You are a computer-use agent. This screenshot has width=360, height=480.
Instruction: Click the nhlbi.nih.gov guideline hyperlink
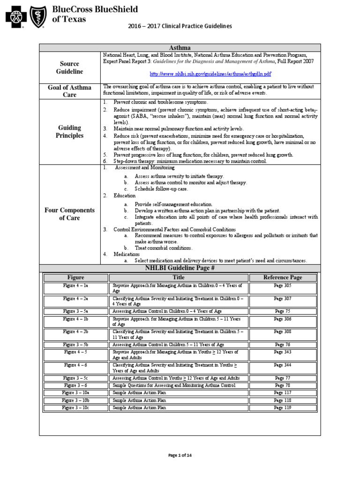(210, 74)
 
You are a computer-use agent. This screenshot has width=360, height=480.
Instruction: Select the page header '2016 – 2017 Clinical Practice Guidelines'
(180, 27)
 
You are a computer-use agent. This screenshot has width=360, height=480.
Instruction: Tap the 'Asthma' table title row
(180, 48)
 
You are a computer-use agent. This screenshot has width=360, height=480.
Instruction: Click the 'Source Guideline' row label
(71, 67)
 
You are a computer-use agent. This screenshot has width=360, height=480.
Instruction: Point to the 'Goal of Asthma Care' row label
(71, 91)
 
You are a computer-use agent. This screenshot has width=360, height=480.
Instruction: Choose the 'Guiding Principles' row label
(71, 131)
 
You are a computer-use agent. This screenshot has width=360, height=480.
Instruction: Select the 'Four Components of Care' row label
(71, 214)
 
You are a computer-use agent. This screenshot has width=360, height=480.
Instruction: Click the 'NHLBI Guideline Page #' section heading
(180, 268)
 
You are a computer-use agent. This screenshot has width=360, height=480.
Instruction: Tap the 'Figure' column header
(75, 277)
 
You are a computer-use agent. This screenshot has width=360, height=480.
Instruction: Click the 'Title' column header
(179, 277)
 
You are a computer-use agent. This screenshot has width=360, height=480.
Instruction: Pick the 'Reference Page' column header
(283, 277)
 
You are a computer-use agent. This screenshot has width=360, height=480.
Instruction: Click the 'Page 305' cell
(283, 285)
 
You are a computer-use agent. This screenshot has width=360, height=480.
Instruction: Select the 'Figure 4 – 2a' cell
(75, 298)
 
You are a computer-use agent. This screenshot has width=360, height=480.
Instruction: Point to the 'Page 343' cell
(283, 352)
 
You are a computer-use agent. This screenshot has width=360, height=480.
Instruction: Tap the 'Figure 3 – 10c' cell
(75, 408)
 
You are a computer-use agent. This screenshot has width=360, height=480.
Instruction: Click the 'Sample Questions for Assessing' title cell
(173, 385)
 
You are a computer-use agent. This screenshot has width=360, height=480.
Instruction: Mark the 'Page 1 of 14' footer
(180, 455)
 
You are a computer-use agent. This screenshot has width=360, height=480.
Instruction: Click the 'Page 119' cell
(283, 408)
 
